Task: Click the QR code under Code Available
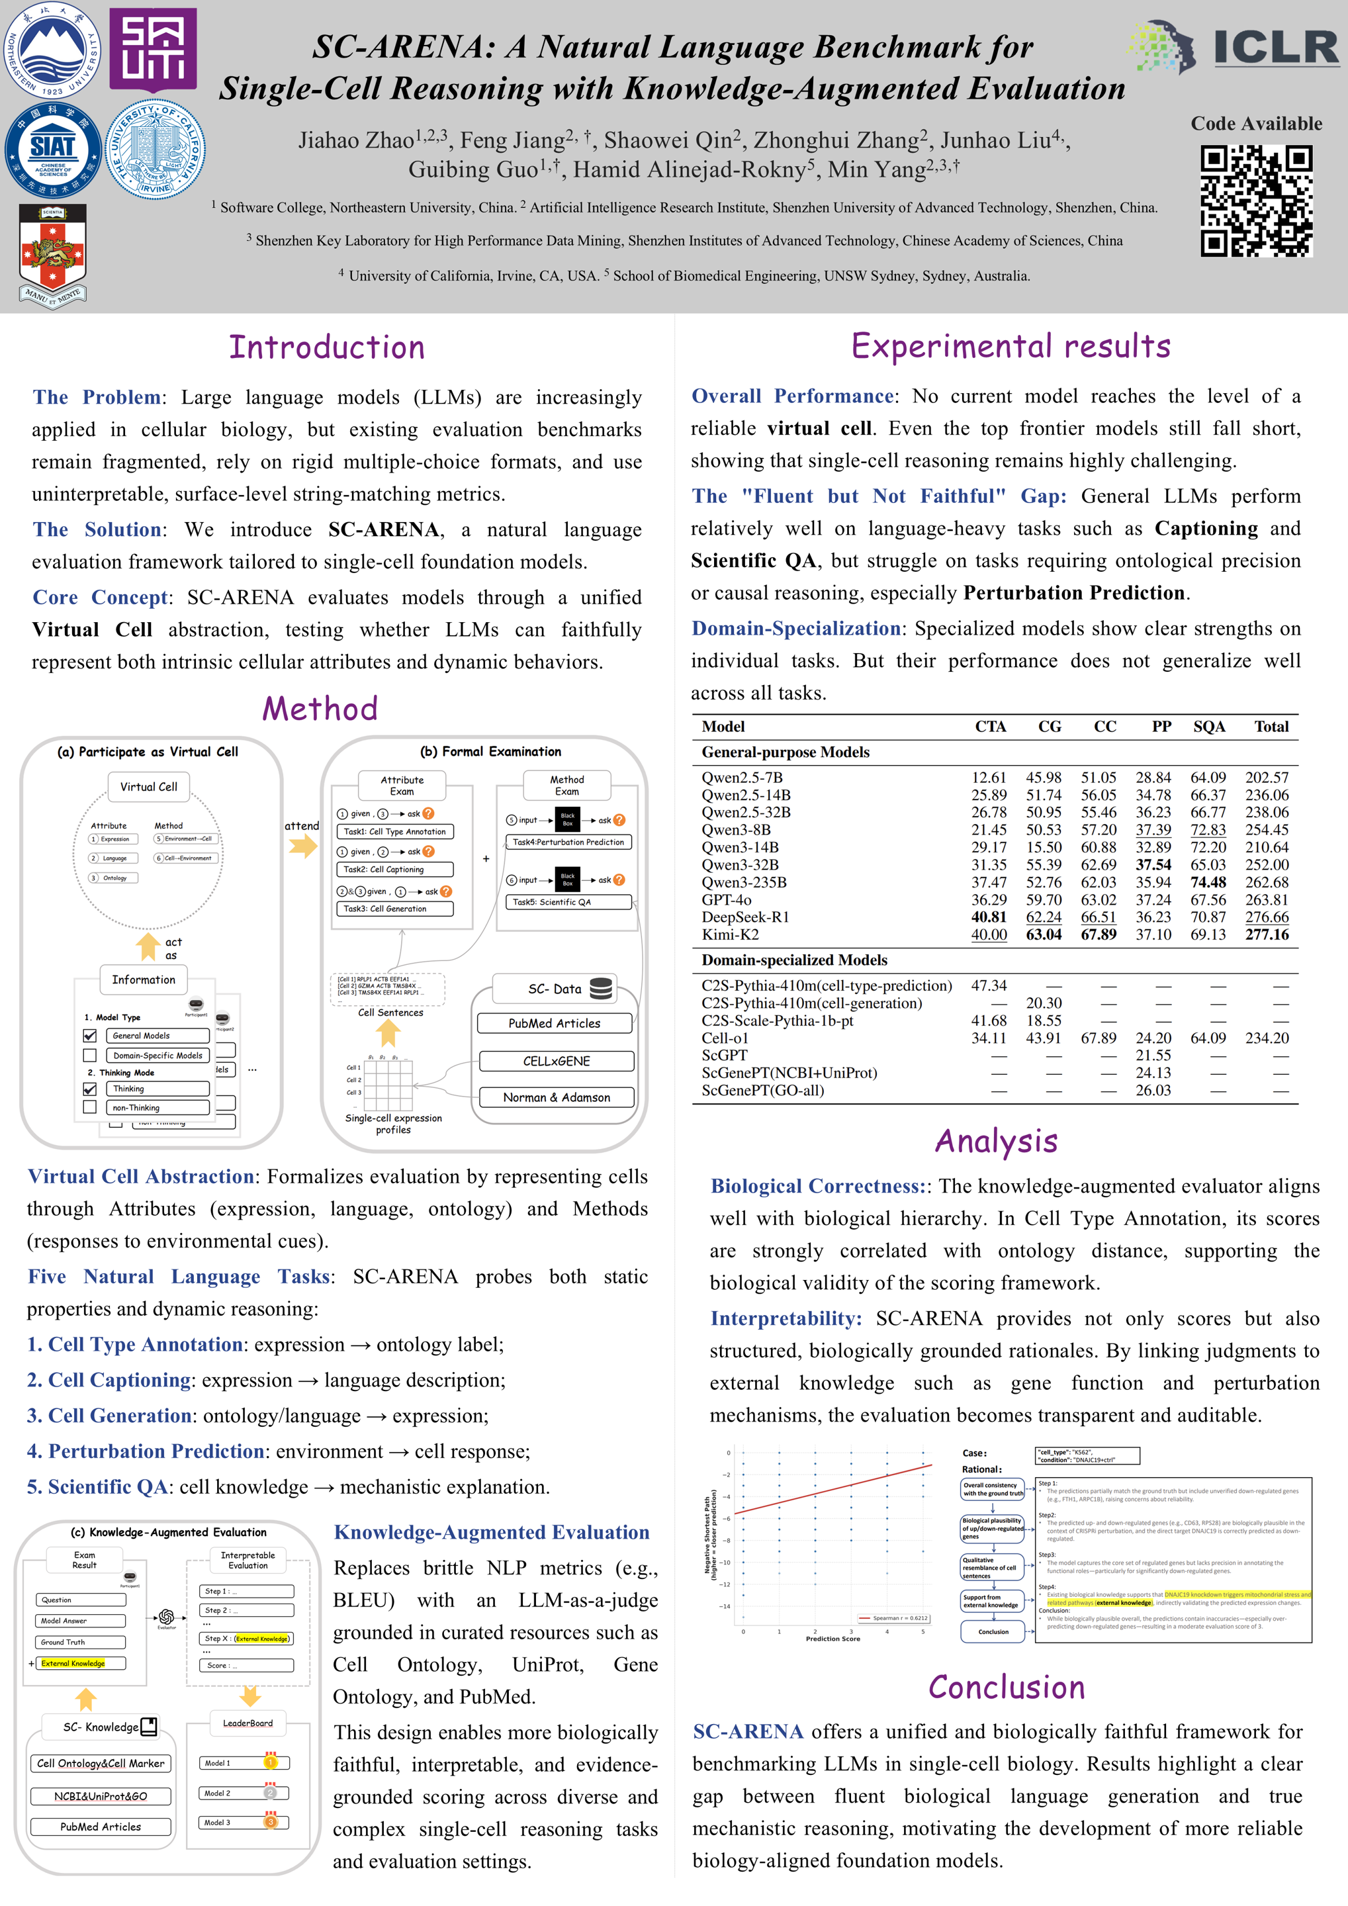coord(1256,201)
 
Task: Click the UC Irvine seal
coord(156,150)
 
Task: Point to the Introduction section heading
coord(326,347)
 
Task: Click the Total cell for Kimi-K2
coord(1267,934)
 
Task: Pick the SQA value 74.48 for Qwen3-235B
coord(1208,882)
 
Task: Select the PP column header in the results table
coord(1161,727)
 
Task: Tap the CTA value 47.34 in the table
coord(989,985)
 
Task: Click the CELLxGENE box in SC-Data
coord(556,1061)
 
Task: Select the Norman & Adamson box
coord(556,1097)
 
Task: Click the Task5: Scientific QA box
coord(568,901)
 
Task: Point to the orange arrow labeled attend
coord(303,846)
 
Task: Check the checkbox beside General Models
coord(89,1035)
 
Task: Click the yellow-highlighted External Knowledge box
coord(81,1662)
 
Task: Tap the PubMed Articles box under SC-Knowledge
coord(101,1827)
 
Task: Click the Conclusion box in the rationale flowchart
coord(993,1631)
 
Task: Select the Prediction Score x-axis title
coord(832,1639)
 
